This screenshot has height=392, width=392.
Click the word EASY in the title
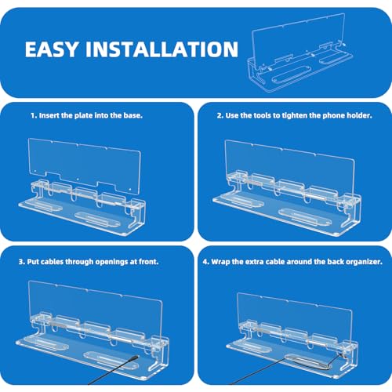point(52,49)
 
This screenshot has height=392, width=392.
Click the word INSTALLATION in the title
point(162,49)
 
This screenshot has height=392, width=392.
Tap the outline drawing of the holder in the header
point(300,53)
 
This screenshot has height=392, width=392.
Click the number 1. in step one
point(34,115)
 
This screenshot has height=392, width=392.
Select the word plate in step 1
point(83,115)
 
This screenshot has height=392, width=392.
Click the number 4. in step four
point(206,262)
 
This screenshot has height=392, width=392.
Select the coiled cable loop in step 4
point(306,361)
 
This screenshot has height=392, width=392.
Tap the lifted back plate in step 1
point(84,164)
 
